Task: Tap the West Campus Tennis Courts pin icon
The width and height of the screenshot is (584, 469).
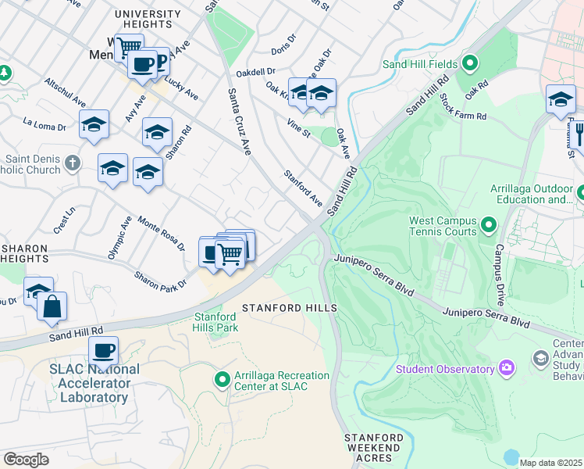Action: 489,226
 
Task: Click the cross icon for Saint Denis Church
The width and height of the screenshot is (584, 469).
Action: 73,163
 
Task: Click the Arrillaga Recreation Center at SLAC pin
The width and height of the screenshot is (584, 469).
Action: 223,380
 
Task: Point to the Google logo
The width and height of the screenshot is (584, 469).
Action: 26,460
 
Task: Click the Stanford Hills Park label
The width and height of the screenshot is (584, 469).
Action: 215,321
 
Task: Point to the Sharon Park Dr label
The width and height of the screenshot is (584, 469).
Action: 160,279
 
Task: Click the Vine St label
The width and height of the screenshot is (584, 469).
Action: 298,128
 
